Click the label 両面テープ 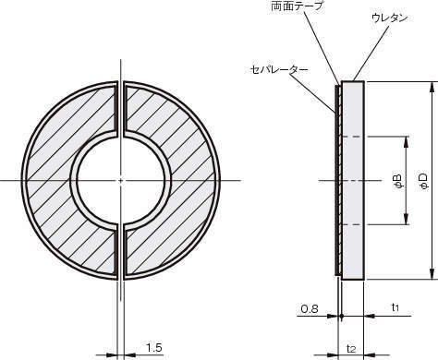click(297, 6)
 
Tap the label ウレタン click(390, 18)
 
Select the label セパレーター click(279, 69)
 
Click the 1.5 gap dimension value click(153, 348)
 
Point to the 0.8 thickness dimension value click(310, 309)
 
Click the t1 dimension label click(395, 306)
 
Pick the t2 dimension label click(351, 349)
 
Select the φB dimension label click(398, 181)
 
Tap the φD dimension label click(424, 181)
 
